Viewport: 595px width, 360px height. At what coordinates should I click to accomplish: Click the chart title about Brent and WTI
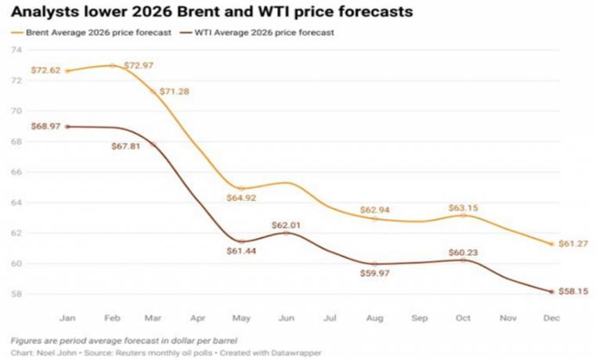(x=211, y=13)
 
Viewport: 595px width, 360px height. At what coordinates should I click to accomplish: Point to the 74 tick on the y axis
(x=16, y=50)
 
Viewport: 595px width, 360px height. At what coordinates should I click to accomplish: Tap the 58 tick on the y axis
(x=16, y=294)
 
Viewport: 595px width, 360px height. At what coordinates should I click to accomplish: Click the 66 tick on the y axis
(x=16, y=172)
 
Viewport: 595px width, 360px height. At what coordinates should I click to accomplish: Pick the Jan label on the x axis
(x=67, y=319)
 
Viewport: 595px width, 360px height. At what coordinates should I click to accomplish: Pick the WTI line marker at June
(x=287, y=232)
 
